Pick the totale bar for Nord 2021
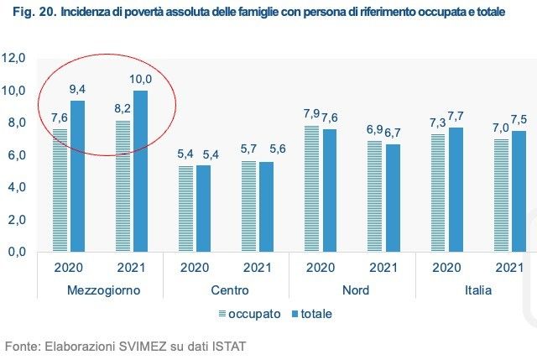click(x=393, y=198)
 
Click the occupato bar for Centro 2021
click(x=249, y=206)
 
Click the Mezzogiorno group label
click(x=99, y=290)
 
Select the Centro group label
click(x=226, y=290)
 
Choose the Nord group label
click(x=352, y=290)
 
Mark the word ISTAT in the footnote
click(x=227, y=345)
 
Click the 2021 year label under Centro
click(x=258, y=269)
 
